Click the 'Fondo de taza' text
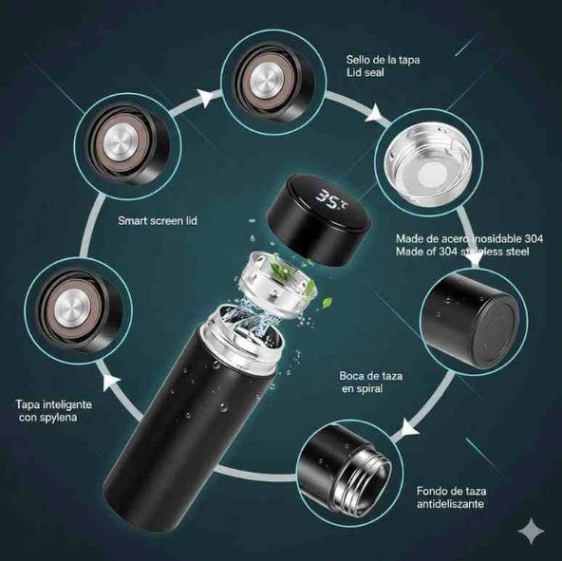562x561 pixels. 452,492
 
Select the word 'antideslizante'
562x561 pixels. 450,505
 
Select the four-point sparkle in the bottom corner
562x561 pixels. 530,532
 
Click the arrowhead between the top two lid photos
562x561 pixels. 204,93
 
